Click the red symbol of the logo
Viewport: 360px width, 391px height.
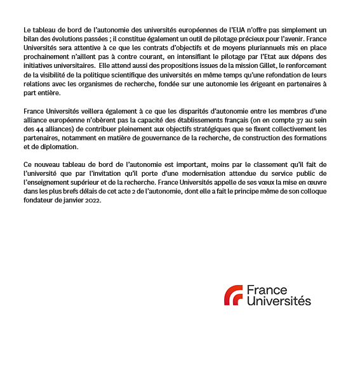(233, 295)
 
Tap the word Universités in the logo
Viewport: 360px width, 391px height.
(279, 302)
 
